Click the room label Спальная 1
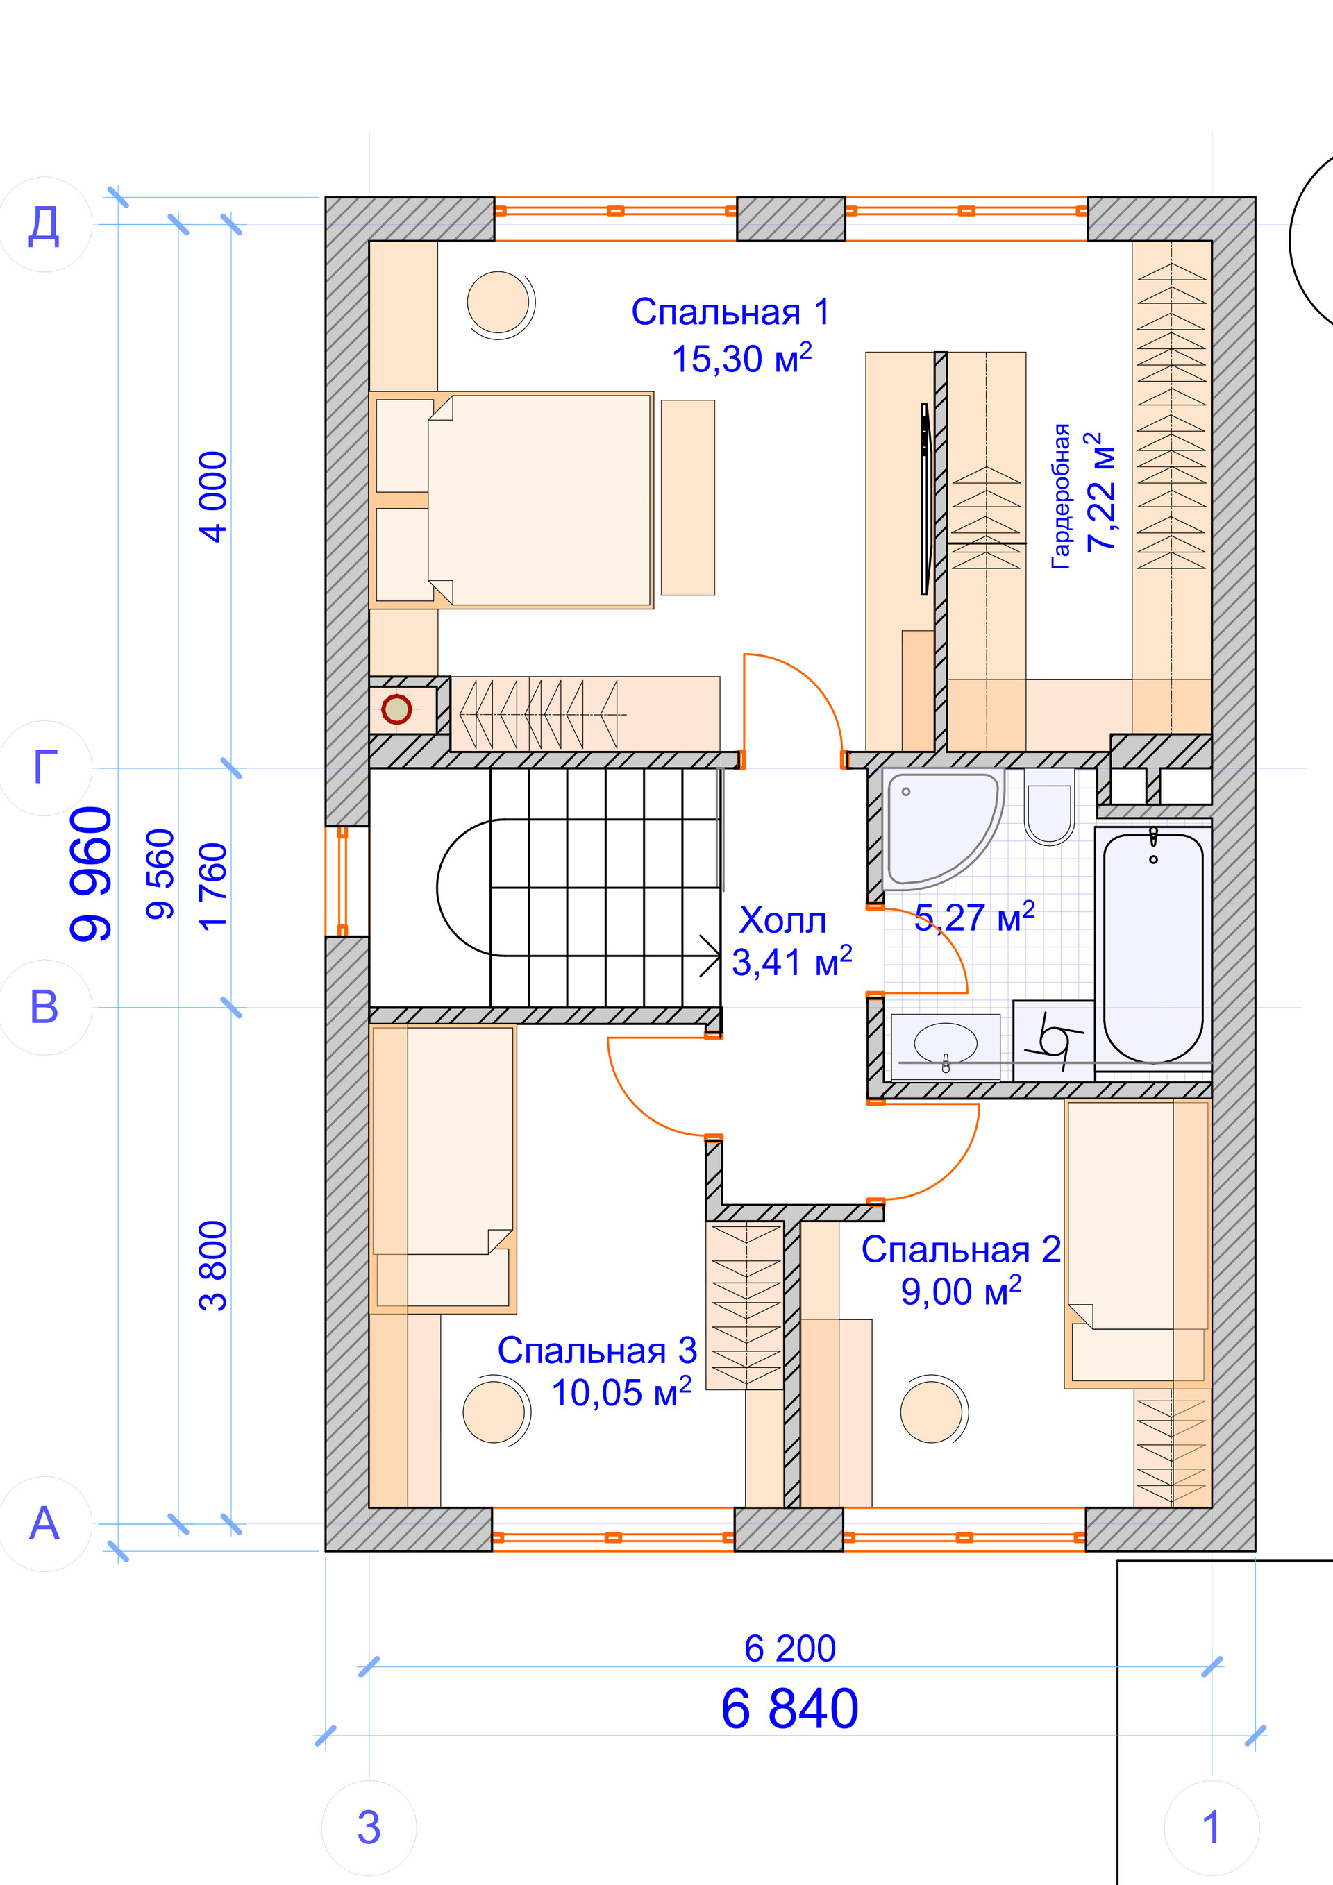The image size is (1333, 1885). click(x=730, y=313)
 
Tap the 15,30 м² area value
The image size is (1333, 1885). click(x=741, y=359)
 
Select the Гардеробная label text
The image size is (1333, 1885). click(x=1061, y=496)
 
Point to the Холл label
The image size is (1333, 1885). click(x=782, y=921)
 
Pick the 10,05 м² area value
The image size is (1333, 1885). click(x=621, y=1393)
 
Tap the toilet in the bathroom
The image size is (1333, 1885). click(x=1050, y=813)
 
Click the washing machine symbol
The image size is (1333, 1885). click(x=1054, y=1041)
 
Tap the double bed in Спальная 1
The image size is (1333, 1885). click(x=512, y=501)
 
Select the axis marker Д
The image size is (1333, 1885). click(x=44, y=225)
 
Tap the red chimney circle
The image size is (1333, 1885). click(x=396, y=709)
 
